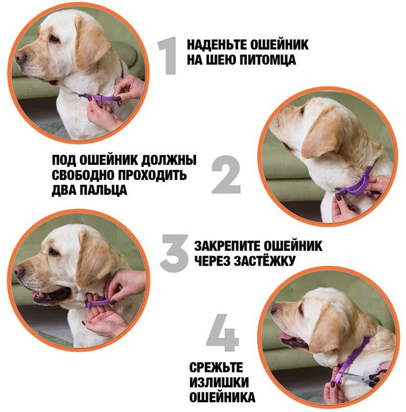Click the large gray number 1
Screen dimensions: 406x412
168,56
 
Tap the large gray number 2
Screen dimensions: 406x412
226,174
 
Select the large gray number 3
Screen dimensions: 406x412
174,253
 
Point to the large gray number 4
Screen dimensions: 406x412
223,333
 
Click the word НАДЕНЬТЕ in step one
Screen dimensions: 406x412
217,45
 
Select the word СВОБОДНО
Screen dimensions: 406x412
82,175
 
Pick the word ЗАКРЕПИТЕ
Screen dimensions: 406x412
227,246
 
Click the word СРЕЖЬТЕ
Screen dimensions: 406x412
216,367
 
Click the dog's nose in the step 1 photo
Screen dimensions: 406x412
20,56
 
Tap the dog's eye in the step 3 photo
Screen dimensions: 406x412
54,252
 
